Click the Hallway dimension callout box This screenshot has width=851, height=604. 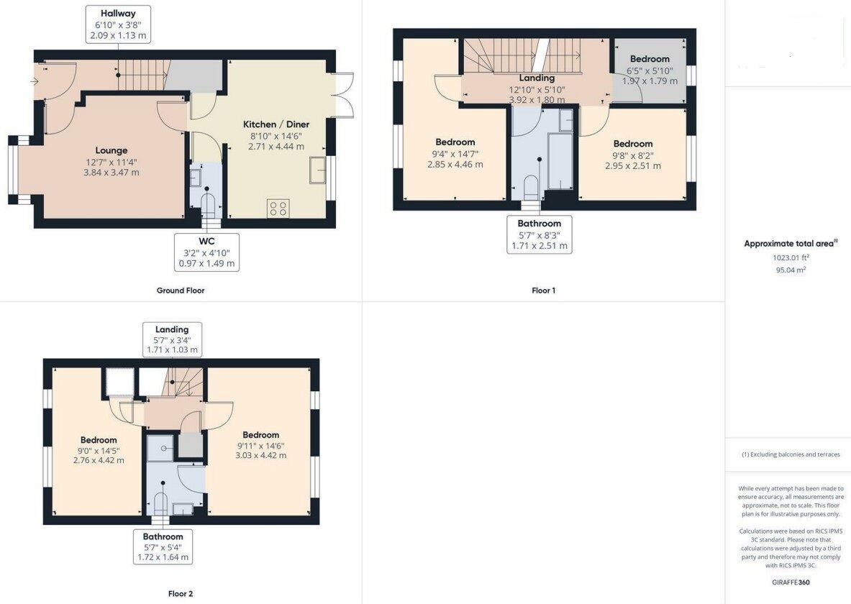pyautogui.click(x=118, y=24)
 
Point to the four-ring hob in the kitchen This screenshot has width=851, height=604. pyautogui.click(x=278, y=209)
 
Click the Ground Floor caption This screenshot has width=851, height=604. pyautogui.click(x=181, y=290)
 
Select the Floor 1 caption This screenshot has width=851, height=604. pyautogui.click(x=543, y=290)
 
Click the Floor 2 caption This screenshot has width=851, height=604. pyautogui.click(x=181, y=594)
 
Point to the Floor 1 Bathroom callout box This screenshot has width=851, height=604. pyautogui.click(x=539, y=234)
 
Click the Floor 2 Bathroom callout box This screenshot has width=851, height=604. pyautogui.click(x=163, y=546)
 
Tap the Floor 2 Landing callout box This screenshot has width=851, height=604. pyautogui.click(x=172, y=339)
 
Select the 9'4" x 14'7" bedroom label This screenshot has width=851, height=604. pyautogui.click(x=455, y=153)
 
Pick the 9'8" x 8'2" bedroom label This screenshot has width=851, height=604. pyautogui.click(x=633, y=155)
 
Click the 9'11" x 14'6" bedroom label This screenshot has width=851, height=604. pyautogui.click(x=260, y=445)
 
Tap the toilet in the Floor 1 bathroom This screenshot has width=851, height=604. pyautogui.click(x=531, y=186)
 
